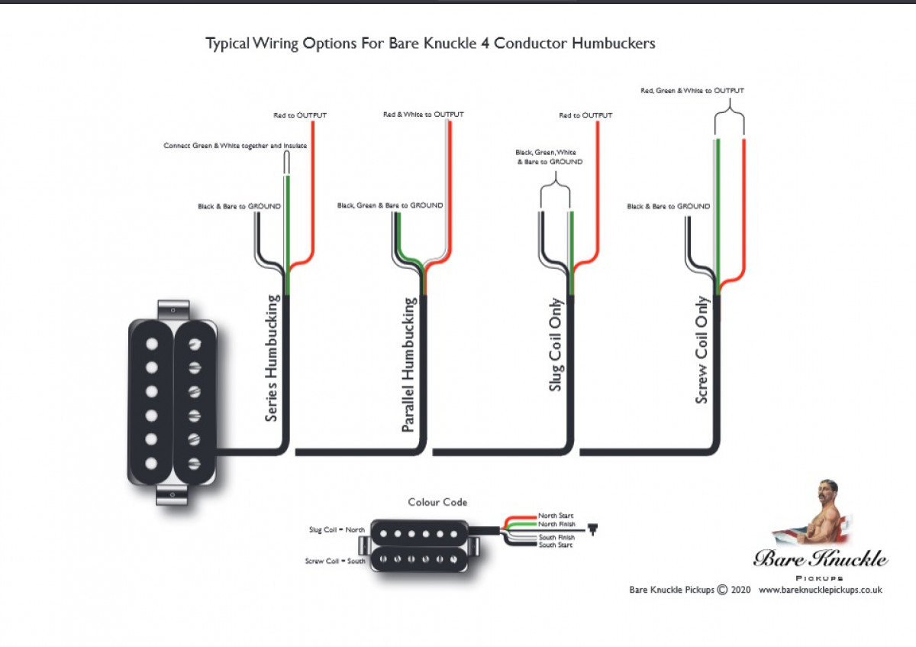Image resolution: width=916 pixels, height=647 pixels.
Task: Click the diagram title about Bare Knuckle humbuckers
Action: tap(431, 44)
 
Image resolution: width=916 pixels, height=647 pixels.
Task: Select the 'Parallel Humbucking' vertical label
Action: tap(410, 365)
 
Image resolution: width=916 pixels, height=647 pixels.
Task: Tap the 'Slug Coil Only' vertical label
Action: tap(556, 345)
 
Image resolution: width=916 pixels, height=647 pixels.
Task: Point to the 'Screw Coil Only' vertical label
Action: tap(702, 350)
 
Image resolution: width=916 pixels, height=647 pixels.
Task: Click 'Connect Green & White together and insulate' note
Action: tap(235, 145)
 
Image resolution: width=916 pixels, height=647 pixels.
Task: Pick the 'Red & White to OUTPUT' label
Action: tap(423, 115)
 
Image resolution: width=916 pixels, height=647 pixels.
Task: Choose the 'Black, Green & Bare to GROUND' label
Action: tap(390, 205)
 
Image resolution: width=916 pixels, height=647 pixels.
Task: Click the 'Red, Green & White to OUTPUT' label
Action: tap(692, 90)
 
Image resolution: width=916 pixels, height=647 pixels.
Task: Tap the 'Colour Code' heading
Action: tap(437, 502)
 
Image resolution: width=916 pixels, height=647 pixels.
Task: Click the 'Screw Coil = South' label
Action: tap(335, 561)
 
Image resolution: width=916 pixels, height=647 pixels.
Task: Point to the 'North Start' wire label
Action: tap(556, 516)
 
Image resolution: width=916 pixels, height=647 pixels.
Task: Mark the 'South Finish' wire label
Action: tap(556, 538)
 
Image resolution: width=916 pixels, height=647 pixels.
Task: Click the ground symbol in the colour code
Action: tap(592, 528)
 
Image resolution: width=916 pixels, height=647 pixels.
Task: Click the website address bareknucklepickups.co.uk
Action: tap(821, 590)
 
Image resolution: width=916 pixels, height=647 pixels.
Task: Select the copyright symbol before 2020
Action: tap(722, 590)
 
